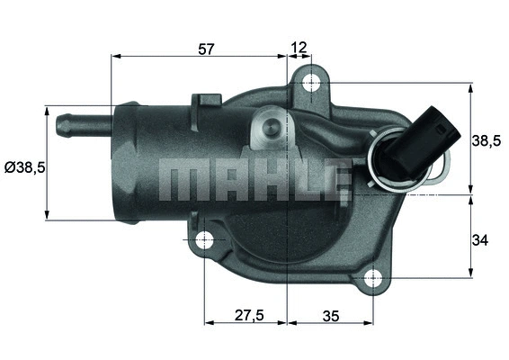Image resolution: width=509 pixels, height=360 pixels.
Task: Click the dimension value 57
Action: click(206, 49)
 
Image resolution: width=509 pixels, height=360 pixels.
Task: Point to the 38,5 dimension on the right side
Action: click(486, 139)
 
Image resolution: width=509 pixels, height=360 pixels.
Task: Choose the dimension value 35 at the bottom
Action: click(330, 316)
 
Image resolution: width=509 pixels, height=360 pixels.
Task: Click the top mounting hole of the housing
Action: click(311, 84)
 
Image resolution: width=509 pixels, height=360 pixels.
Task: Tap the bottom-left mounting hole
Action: click(204, 240)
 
